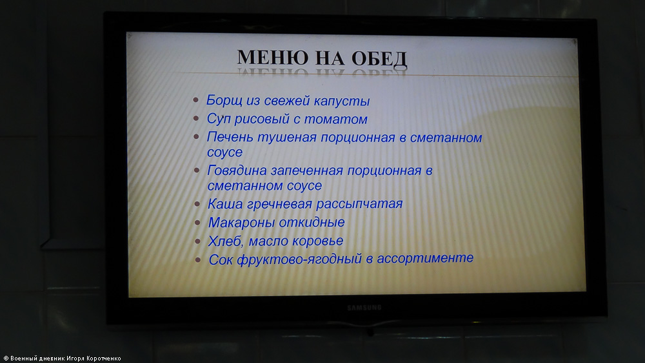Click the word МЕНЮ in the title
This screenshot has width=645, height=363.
[273, 57]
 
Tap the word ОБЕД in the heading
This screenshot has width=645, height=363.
[379, 59]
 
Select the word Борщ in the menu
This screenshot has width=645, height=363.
[224, 100]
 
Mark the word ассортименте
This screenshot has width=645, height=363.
[425, 258]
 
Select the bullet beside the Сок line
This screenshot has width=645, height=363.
[198, 260]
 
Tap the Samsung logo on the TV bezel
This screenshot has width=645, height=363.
[364, 308]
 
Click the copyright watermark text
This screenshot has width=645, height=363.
[62, 358]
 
